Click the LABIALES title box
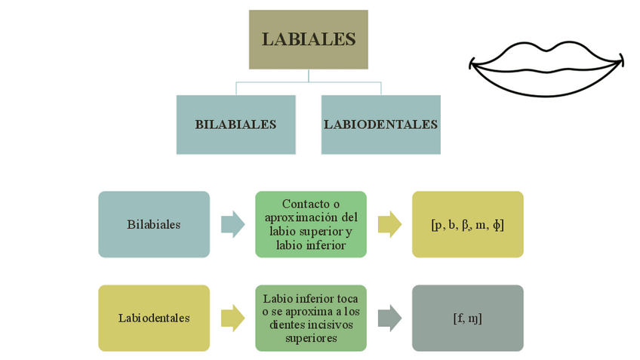coord(308,39)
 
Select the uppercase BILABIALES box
coord(235,125)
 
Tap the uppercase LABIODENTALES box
coord(380,125)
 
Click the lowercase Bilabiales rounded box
coord(154,224)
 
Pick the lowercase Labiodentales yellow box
coord(154,318)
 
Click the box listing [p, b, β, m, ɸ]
coord(467,224)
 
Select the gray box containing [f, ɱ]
coord(467,318)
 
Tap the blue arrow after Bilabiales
coord(232,224)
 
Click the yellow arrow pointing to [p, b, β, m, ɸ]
coord(389,224)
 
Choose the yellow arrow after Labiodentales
coord(232,318)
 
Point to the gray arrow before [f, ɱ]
coord(389,318)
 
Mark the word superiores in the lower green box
coord(311,338)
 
